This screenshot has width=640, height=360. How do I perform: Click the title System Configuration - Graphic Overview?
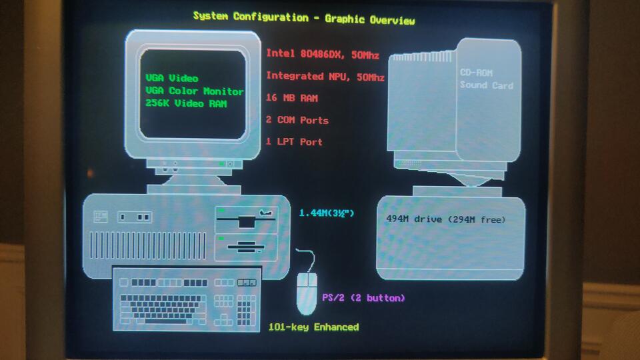[304, 17]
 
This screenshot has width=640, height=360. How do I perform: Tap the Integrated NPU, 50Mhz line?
[325, 76]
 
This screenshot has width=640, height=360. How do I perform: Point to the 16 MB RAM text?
[291, 98]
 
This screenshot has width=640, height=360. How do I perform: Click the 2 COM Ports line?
[297, 120]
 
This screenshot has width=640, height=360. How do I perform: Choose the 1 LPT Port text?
[294, 141]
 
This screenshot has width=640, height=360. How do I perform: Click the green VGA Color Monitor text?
[194, 91]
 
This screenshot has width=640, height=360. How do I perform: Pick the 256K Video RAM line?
[186, 103]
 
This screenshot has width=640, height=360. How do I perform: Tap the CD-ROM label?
[477, 73]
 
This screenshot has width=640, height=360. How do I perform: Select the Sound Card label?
[487, 85]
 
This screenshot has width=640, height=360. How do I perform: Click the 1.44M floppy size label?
[327, 213]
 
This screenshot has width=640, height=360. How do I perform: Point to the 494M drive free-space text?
[446, 219]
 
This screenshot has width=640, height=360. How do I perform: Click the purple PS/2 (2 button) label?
[363, 297]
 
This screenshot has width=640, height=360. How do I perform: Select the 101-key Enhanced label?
[313, 327]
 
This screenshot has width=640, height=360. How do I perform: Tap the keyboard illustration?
[186, 299]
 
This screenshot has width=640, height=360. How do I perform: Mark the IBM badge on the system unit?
[101, 216]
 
